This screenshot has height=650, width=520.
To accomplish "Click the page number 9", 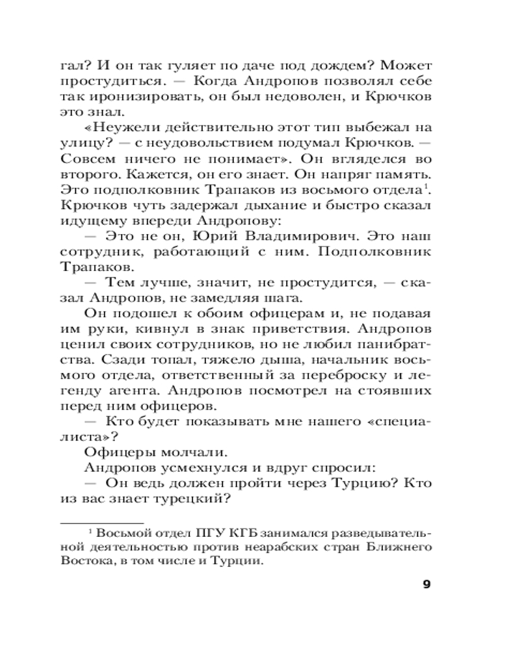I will (x=426, y=584).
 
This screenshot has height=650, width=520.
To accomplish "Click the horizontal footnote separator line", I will (x=102, y=523).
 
